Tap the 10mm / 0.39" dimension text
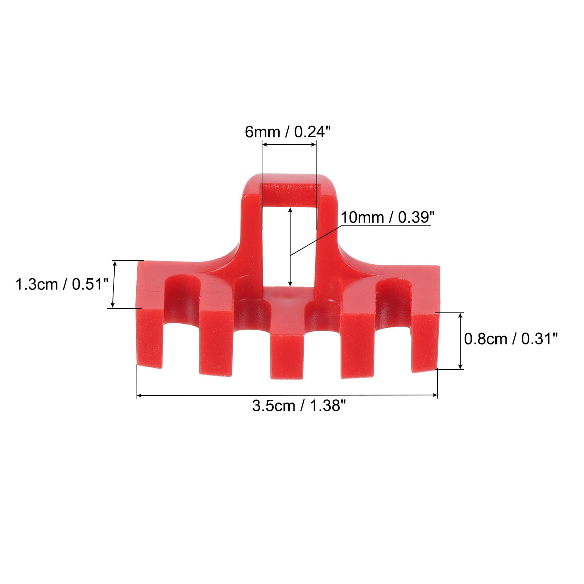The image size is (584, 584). click(387, 218)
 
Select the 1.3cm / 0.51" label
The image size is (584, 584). click(62, 284)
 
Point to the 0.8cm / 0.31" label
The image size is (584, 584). click(511, 339)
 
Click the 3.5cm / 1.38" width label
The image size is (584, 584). click(299, 406)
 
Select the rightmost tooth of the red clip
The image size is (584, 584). click(425, 341)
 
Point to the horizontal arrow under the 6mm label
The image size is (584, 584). click(289, 145)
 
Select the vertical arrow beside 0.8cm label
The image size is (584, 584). click(461, 341)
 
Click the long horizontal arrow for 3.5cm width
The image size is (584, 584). click(287, 395)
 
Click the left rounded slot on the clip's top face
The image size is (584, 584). click(182, 292)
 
